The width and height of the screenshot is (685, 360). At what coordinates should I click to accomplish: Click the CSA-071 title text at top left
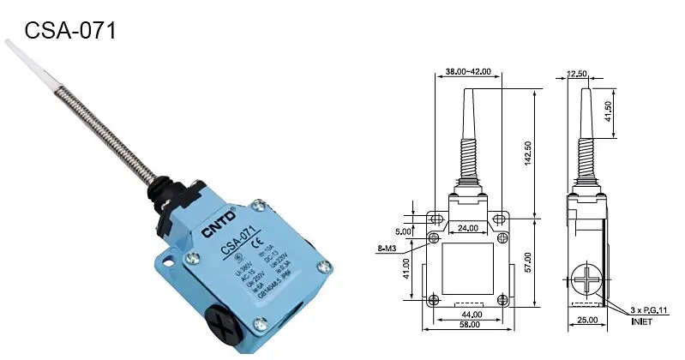(69, 31)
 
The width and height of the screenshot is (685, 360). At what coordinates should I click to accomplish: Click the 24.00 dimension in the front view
(468, 227)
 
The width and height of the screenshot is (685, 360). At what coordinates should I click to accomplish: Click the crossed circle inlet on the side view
(584, 282)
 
